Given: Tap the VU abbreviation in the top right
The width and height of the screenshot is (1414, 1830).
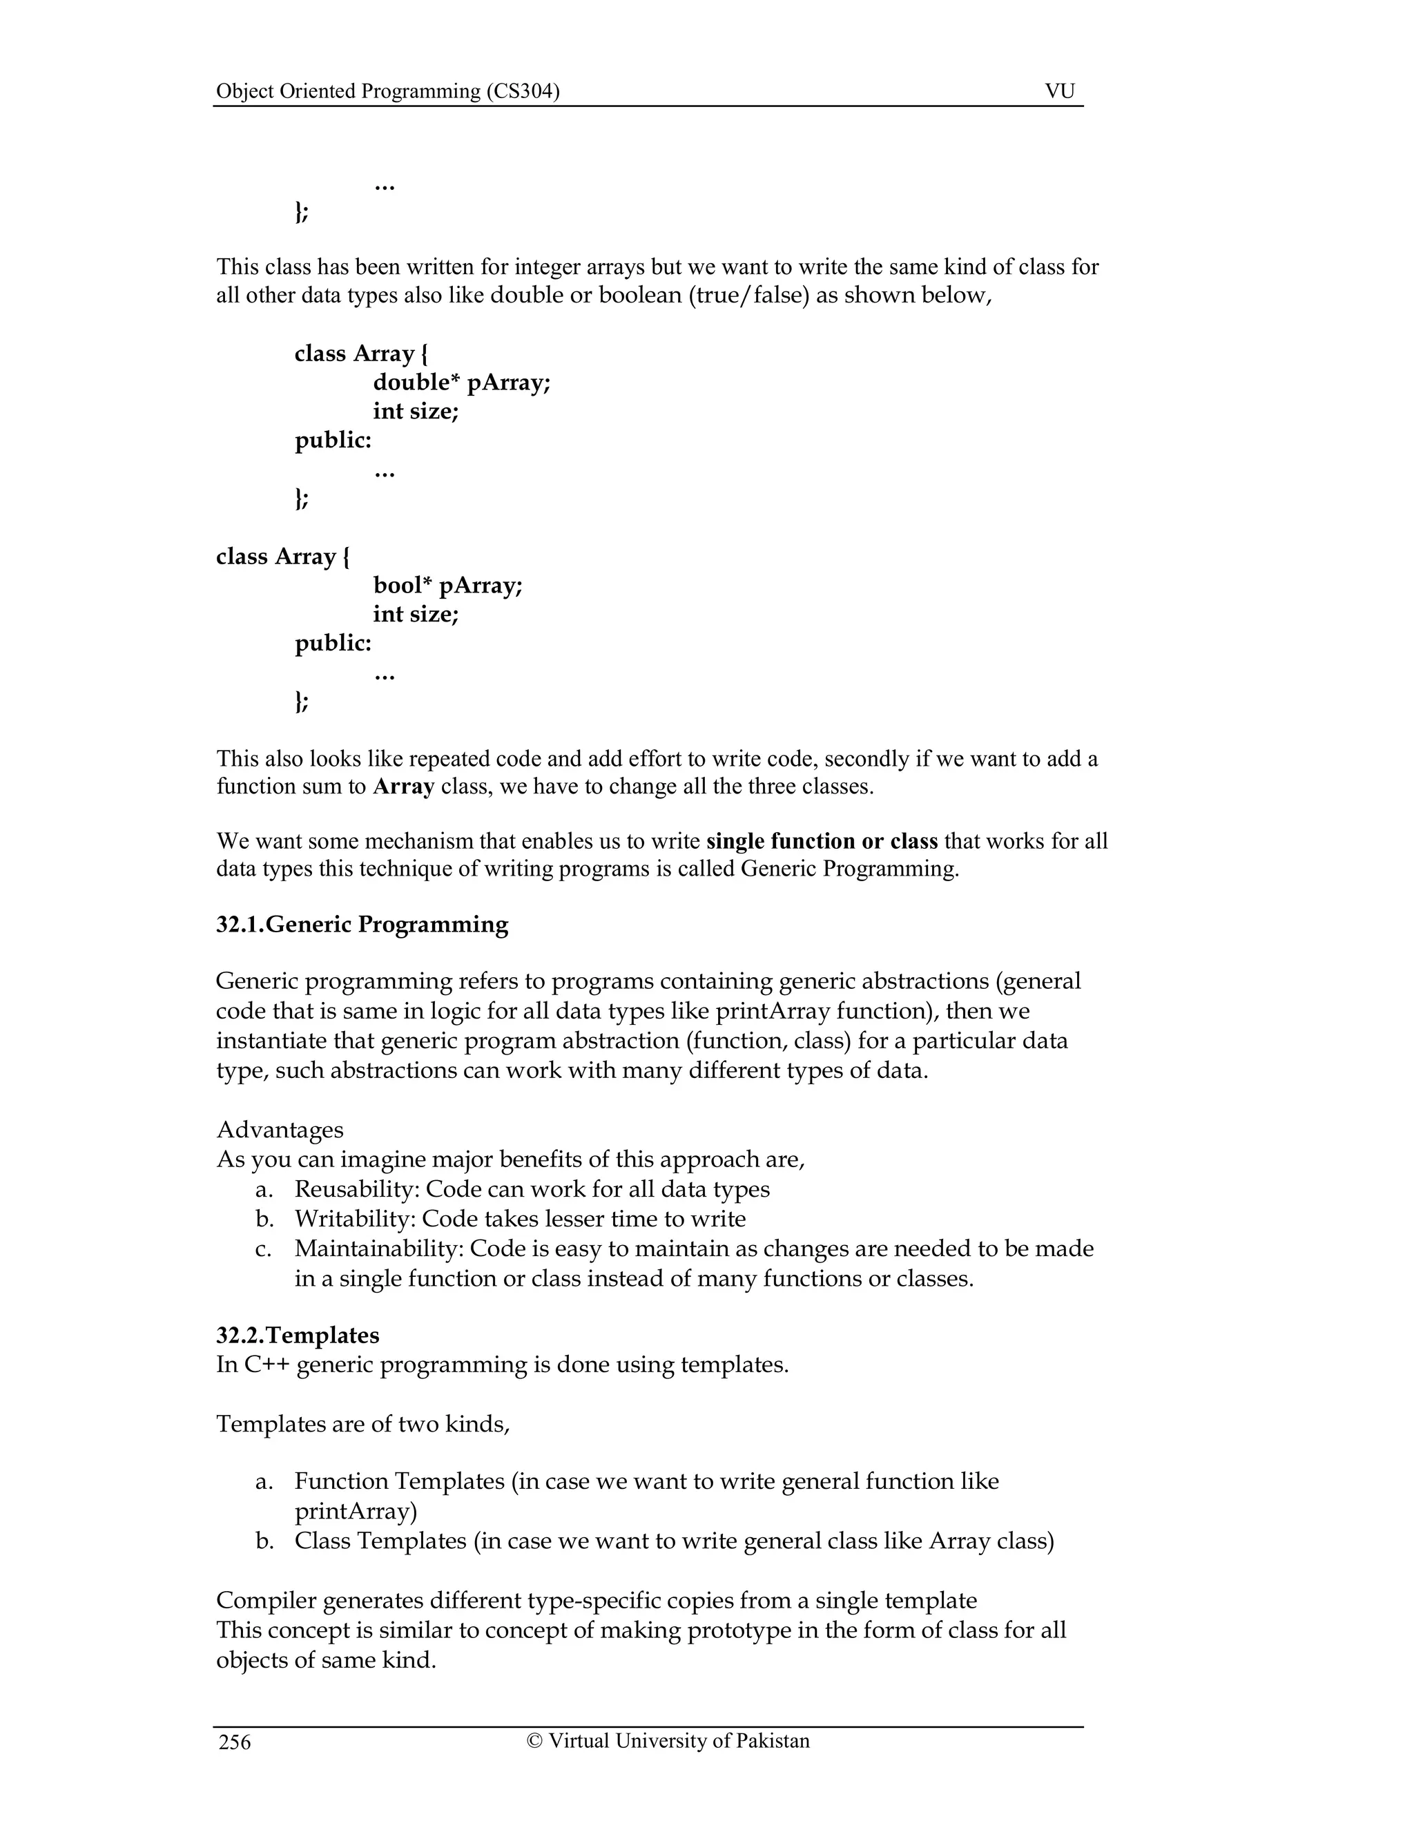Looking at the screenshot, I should coord(1059,91).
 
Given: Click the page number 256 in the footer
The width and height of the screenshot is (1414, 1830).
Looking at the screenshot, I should coord(235,1742).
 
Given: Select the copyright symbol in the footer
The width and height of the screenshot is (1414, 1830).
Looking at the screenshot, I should coord(534,1740).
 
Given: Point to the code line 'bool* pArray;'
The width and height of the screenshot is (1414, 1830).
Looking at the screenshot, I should coord(447,585).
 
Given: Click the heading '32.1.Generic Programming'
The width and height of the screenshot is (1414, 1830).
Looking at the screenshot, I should coord(362,924).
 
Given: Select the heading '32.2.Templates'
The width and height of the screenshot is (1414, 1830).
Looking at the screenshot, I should coord(298,1335).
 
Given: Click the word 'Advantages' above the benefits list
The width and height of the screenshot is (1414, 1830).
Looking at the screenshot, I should coord(280,1130).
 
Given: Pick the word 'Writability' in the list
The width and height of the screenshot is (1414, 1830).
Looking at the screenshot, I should coord(355,1218).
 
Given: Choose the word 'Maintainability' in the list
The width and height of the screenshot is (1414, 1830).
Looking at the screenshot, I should coord(377,1249).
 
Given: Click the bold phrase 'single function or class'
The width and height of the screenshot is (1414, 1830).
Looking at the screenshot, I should coord(822,840).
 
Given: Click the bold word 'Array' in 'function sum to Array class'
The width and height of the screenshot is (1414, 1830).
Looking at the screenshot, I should coord(403,787).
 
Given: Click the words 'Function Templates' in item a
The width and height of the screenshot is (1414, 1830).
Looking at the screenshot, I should coord(399,1481).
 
